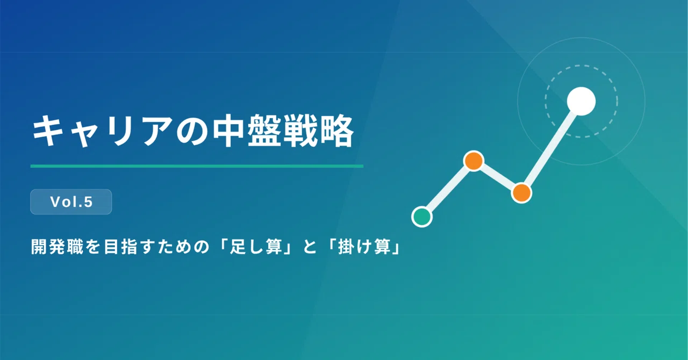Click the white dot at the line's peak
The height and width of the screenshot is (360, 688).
pos(581,102)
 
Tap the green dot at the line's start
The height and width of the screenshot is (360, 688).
pos(422,217)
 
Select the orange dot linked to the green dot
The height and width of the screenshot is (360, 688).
pos(474,161)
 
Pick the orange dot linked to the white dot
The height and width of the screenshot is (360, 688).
pos(521,192)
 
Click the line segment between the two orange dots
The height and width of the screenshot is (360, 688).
pos(498,177)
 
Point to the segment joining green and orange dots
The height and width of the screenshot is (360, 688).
pos(448,189)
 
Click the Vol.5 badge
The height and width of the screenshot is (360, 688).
pos(71,202)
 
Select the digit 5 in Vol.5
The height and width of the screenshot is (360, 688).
pos(88,202)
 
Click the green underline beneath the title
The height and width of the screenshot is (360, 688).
pos(197,166)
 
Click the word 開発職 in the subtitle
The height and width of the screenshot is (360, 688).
pos(57,247)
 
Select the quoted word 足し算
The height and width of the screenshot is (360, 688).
pos(256,247)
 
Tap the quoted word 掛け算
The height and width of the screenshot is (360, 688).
pos(364,247)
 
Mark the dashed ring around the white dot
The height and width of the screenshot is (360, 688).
pos(581,66)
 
